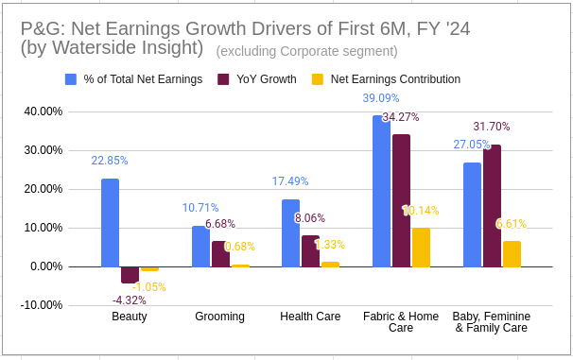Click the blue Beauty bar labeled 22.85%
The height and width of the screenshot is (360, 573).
(x=110, y=222)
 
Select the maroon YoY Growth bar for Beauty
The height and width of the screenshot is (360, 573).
(x=130, y=275)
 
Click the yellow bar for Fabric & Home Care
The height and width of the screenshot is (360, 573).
(x=421, y=247)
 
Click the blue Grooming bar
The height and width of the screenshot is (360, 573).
(x=200, y=246)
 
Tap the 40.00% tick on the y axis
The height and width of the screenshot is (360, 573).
(x=43, y=111)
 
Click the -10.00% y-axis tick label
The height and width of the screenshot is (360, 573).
(x=42, y=305)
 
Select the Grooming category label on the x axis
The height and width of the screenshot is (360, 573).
(x=219, y=317)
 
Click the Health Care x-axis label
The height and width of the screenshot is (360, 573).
(x=310, y=317)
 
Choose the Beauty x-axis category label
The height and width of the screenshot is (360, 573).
(x=130, y=317)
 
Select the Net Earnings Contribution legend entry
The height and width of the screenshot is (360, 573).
(x=394, y=79)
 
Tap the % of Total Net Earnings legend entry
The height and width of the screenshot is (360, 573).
(x=142, y=79)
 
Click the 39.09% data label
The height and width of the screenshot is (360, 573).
(x=381, y=97)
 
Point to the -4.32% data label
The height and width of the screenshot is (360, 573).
(x=130, y=300)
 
